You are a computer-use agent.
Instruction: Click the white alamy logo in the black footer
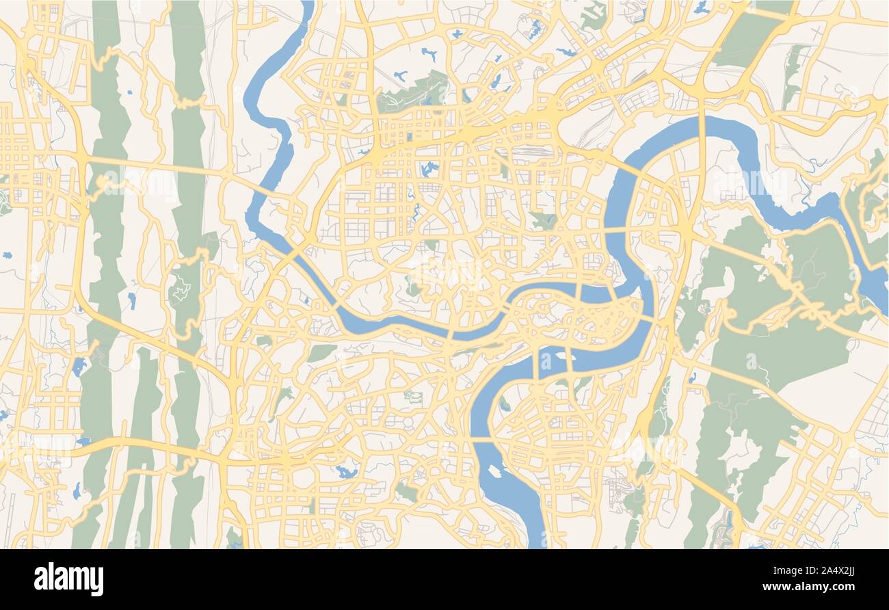68,579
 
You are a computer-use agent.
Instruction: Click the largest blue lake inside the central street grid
429,168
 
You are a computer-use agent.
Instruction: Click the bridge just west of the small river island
539,362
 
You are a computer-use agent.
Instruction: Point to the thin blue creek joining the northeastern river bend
813,167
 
